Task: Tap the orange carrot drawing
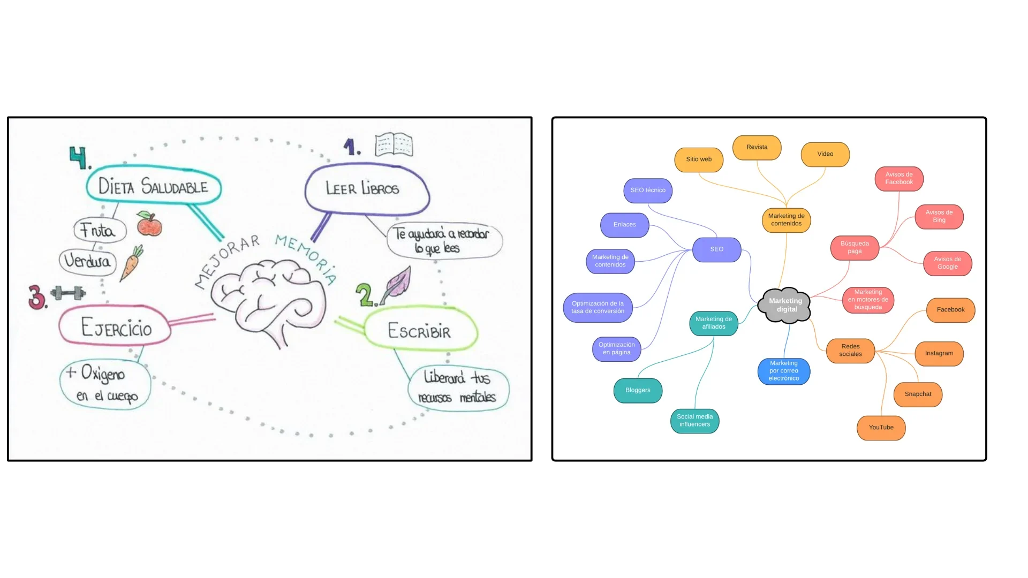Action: [131, 263]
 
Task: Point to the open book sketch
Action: [394, 144]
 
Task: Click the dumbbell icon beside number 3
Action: [68, 293]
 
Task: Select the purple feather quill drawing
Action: [397, 283]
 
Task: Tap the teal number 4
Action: [79, 157]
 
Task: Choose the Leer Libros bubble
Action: [366, 188]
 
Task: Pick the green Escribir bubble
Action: [420, 330]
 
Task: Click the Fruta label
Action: [100, 230]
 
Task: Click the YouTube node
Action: [881, 428]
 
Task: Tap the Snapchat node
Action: [918, 394]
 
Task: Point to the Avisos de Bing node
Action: [939, 216]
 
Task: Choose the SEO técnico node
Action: [648, 191]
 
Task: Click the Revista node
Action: [757, 147]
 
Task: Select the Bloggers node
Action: [638, 390]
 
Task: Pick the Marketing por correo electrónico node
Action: [784, 371]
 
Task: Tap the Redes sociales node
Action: [850, 351]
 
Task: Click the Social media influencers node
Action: [694, 421]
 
